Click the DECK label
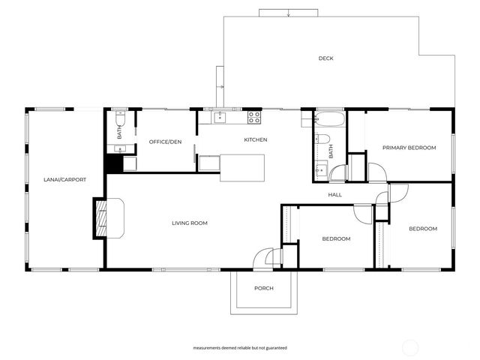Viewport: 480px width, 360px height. (325, 58)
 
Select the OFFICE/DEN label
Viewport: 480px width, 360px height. (165, 142)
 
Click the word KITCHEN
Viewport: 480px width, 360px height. (256, 140)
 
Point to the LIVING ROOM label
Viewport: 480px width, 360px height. (190, 223)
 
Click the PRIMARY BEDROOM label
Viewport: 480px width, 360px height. (409, 148)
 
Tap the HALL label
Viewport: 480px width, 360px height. (334, 195)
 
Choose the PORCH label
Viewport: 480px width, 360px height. (263, 288)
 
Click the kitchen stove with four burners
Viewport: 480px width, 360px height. (254, 117)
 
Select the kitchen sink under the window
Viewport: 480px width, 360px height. (220, 117)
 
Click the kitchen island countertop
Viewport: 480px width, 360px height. (242, 167)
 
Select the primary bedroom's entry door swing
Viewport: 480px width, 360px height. (377, 172)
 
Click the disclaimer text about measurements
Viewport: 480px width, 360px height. (239, 348)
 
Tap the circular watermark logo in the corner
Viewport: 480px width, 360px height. (410, 346)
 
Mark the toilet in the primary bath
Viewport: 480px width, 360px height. (323, 139)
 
